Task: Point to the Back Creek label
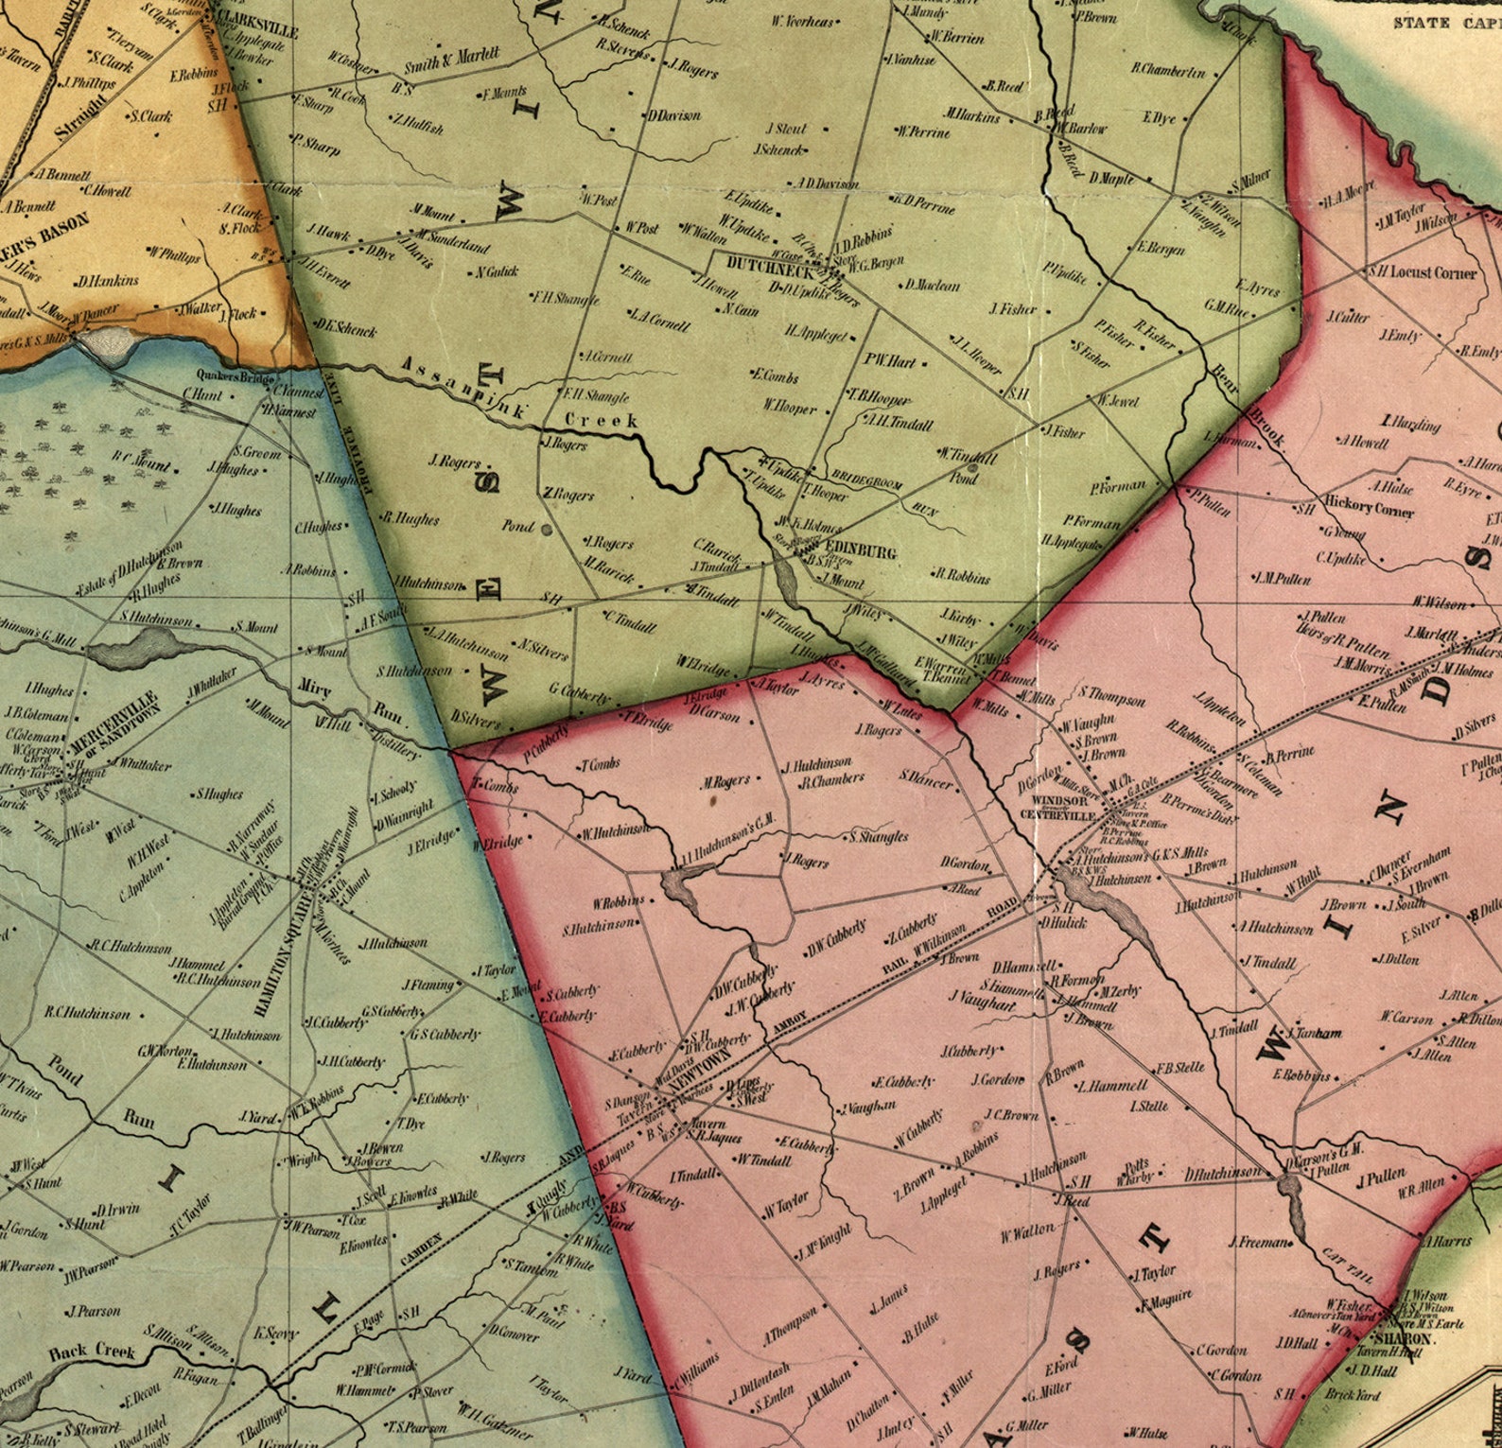pos(92,1352)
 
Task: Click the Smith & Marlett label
pos(452,61)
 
